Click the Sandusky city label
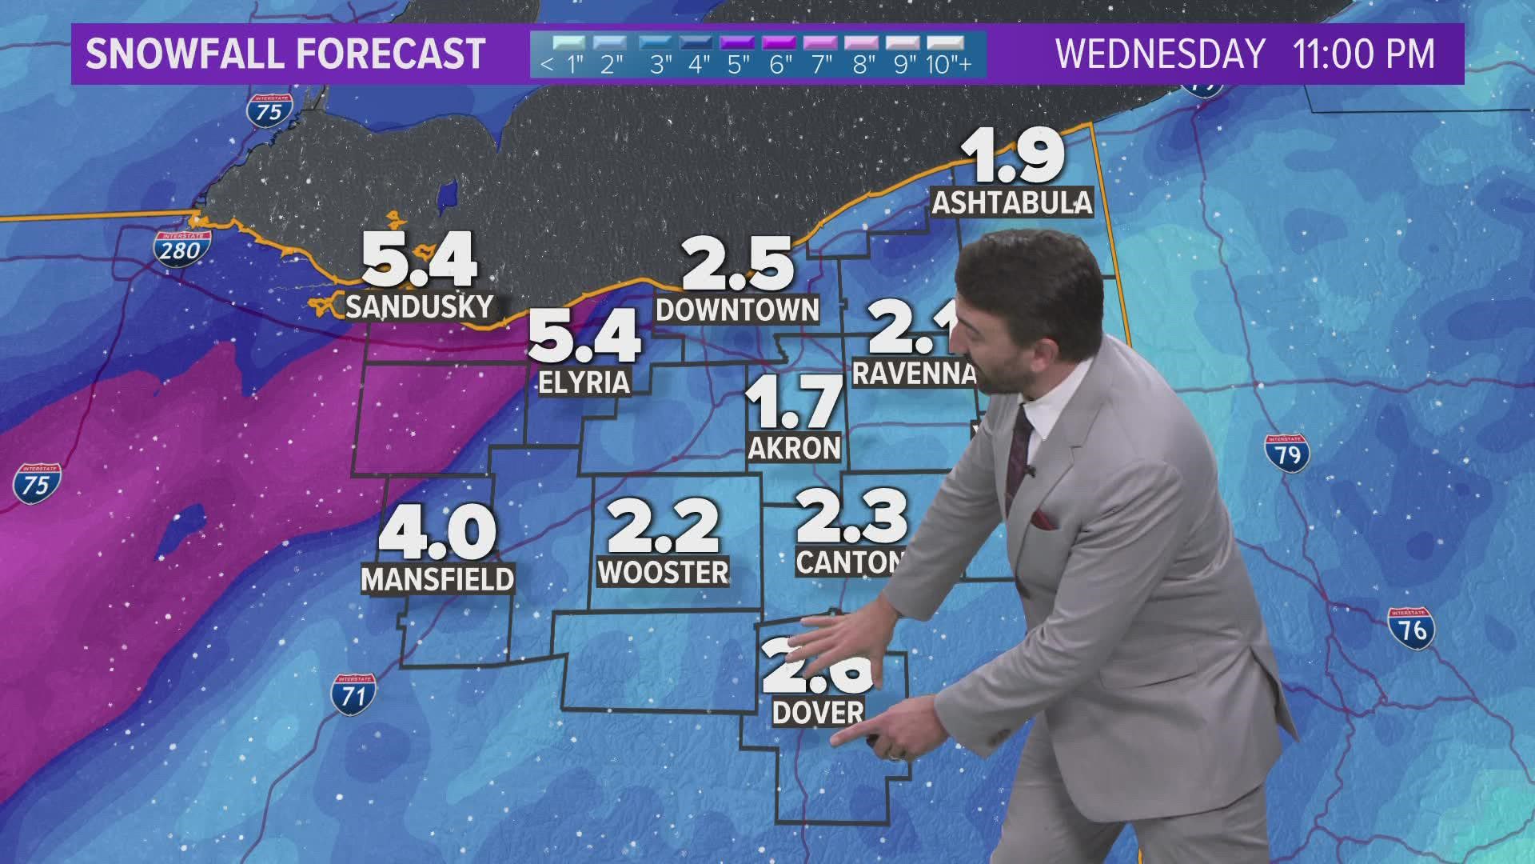click(x=420, y=306)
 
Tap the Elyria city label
click(x=585, y=382)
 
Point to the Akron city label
click(x=795, y=448)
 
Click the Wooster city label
click(x=664, y=572)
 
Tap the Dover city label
click(x=818, y=712)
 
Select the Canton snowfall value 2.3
click(x=851, y=516)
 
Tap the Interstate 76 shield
click(x=1412, y=628)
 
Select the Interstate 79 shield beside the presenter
click(x=1287, y=454)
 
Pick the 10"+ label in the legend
click(x=949, y=65)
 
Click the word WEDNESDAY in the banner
click(x=1160, y=54)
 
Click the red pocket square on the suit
click(x=1043, y=518)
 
